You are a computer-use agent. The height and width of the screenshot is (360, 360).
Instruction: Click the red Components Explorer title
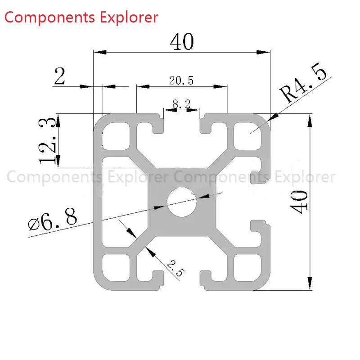(81, 18)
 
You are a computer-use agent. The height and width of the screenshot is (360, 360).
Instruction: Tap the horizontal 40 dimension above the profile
(182, 41)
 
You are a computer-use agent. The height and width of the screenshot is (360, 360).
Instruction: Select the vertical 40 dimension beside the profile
(299, 202)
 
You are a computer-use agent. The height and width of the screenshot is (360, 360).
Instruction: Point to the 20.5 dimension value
(181, 81)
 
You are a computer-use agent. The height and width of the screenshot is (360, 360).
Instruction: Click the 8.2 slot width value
(181, 104)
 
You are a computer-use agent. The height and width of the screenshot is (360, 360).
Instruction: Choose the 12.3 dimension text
(47, 140)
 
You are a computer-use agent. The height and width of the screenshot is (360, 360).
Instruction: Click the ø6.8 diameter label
(52, 220)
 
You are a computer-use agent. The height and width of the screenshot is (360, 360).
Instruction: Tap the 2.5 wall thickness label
(175, 268)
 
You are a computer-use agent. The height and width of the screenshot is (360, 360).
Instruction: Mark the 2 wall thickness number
(60, 76)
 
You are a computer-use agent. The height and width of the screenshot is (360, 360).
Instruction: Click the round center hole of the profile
(182, 202)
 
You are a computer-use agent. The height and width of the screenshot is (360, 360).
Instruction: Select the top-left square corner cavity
(116, 136)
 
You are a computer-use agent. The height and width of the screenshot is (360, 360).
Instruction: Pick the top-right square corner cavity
(247, 136)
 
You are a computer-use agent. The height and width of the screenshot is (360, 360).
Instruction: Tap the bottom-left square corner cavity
(116, 268)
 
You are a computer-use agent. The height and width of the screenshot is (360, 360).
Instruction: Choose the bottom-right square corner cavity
(247, 268)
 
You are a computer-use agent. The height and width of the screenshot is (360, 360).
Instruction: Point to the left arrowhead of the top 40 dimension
(100, 52)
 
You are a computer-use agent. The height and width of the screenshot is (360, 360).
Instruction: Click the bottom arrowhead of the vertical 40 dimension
(310, 283)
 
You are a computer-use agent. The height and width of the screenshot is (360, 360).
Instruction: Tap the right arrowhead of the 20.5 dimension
(220, 86)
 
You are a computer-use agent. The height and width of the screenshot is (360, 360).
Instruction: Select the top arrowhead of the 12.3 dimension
(58, 120)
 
